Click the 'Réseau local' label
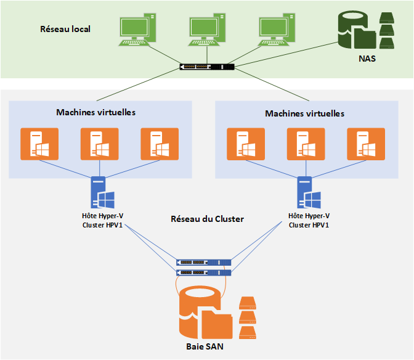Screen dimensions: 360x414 click(x=65, y=28)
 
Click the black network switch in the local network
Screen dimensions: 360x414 click(x=208, y=67)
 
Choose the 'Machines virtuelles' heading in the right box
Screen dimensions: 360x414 click(x=304, y=113)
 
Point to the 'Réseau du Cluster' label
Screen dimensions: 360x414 click(x=206, y=219)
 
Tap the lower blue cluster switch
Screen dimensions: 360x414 click(x=204, y=272)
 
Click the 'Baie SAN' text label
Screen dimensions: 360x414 click(x=205, y=346)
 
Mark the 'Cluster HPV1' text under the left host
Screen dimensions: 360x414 click(x=102, y=225)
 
